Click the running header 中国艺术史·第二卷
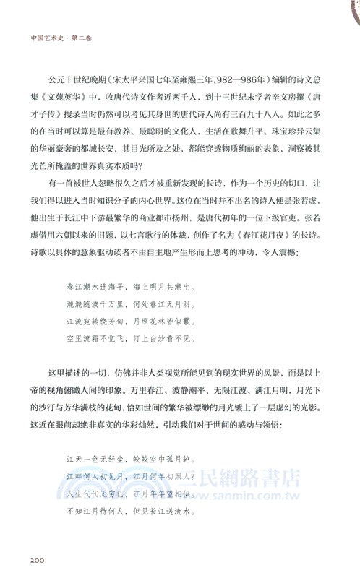pyautogui.click(x=63, y=30)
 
